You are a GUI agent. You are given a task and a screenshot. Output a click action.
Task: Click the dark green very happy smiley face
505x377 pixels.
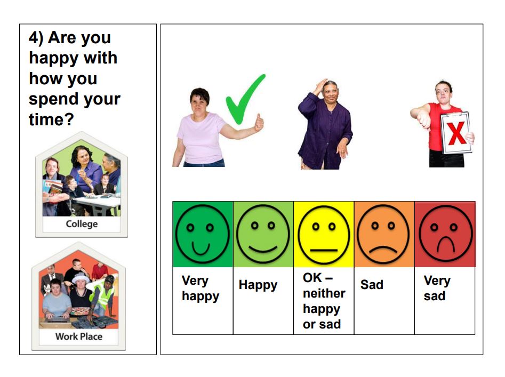[203, 234]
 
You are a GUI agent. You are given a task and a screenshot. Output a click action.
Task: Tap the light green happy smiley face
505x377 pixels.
[263, 234]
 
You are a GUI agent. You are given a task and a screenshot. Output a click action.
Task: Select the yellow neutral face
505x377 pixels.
[324, 235]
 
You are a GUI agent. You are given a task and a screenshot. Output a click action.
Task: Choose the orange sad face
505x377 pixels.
[383, 234]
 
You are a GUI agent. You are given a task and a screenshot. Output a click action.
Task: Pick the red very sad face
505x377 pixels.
[445, 234]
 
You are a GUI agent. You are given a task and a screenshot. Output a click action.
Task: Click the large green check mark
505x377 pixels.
[245, 99]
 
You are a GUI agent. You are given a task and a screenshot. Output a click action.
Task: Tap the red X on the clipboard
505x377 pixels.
[456, 133]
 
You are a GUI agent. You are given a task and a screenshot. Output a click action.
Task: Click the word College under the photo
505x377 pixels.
[82, 224]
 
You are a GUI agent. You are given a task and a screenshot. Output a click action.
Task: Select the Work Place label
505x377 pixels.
[79, 336]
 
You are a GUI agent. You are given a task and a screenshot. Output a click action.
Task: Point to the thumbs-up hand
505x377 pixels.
[259, 123]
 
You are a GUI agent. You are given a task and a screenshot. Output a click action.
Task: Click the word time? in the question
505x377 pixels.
[51, 119]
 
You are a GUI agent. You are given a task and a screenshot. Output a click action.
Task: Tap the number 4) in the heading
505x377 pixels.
[36, 38]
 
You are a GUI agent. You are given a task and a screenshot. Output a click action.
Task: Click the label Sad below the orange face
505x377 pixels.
[372, 285]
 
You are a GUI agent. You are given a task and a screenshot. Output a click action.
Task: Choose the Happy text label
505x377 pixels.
[258, 286]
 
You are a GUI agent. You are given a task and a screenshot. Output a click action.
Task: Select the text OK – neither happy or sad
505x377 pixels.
[324, 301]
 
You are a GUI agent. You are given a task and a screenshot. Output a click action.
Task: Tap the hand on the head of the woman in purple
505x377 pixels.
[322, 85]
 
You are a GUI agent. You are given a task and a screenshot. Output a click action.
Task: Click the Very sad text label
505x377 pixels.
[437, 288]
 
